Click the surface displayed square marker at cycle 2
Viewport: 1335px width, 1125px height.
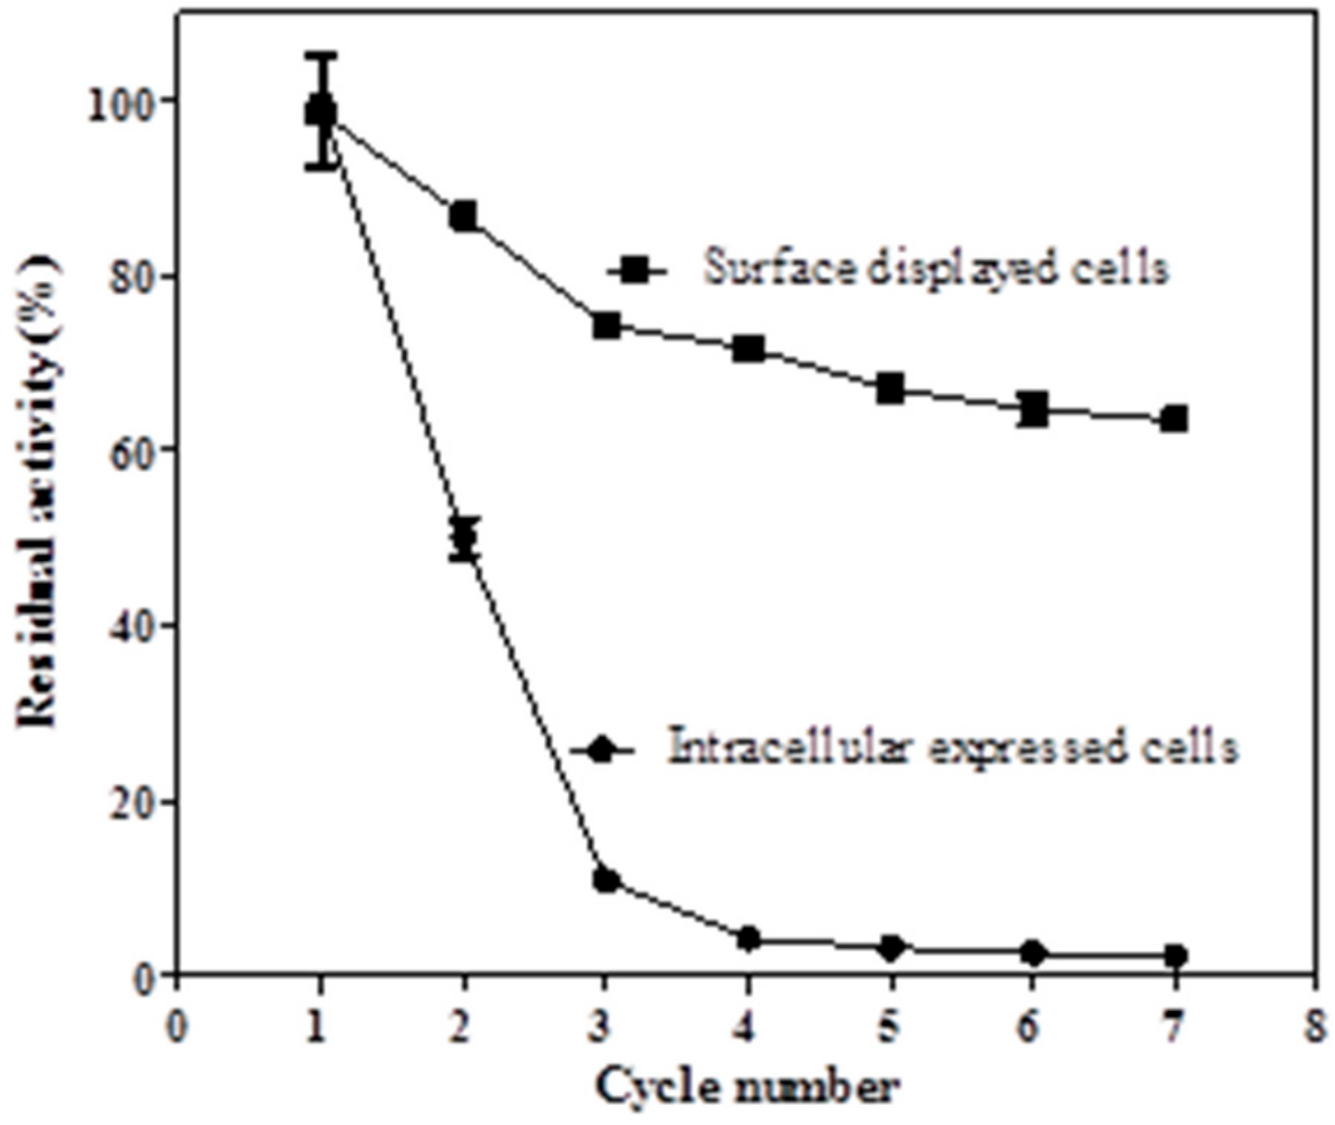coord(463,216)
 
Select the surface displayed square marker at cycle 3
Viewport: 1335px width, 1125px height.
coord(607,325)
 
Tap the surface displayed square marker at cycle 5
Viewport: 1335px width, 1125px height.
coord(891,388)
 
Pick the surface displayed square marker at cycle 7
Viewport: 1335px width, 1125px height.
coord(1175,419)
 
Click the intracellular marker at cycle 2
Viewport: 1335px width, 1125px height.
coord(464,539)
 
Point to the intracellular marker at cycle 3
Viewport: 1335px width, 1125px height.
coord(607,881)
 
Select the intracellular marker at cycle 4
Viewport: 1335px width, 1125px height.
coord(748,939)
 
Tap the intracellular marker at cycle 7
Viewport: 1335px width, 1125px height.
coord(1176,956)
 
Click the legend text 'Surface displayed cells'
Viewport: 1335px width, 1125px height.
coord(936,269)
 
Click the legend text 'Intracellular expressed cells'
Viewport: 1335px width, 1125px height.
coord(952,746)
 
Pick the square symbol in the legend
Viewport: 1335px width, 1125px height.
coord(635,271)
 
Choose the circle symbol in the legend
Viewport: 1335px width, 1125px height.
coord(603,749)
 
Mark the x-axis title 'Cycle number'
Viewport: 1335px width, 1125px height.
coord(747,1089)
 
